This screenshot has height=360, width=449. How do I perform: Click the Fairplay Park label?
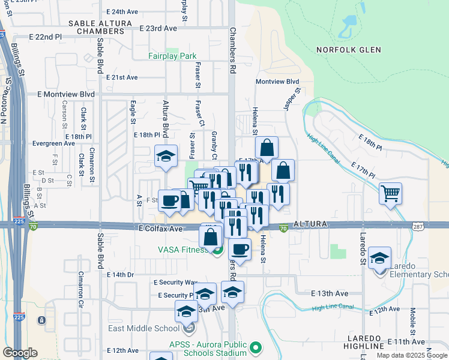click(x=173, y=56)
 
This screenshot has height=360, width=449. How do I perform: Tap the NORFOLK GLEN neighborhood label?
click(x=349, y=50)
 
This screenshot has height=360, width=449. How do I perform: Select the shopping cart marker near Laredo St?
click(x=391, y=194)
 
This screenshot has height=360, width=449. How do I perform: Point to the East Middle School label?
click(x=143, y=328)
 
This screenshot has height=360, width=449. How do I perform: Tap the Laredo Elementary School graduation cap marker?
click(x=379, y=258)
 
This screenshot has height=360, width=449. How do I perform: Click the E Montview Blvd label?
click(x=66, y=94)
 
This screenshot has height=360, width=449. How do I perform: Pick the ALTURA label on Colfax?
click(x=310, y=224)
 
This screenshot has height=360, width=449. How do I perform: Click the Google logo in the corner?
click(x=20, y=353)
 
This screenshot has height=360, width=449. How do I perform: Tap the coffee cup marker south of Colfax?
click(x=240, y=249)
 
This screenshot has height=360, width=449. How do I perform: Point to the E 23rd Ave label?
click(x=158, y=28)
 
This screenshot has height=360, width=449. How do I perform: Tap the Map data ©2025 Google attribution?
click(x=412, y=355)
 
